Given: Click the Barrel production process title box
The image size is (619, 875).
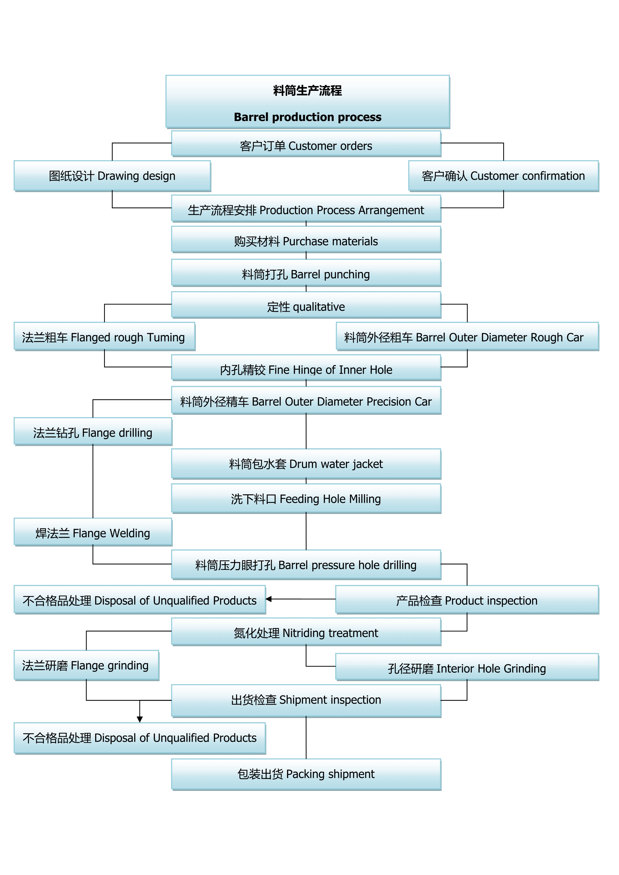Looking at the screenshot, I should (308, 102).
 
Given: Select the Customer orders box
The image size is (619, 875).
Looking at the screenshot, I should (306, 144).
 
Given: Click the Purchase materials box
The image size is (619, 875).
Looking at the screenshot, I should (306, 240).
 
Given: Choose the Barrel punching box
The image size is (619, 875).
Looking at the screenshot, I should (306, 273).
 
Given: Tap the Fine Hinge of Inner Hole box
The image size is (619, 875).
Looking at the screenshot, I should (306, 368).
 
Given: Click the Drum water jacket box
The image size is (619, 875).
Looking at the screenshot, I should (306, 464).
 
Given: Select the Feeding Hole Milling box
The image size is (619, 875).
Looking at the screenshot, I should (306, 499).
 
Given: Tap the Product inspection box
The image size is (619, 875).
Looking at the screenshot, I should (467, 600).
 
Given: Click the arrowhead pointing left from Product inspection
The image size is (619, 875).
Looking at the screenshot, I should (269, 599).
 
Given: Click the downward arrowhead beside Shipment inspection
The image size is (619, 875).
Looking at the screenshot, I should (140, 719).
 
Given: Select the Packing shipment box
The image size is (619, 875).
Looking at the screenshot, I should (306, 774).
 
